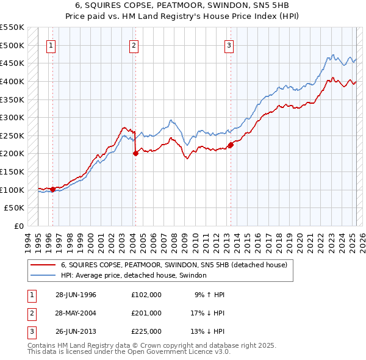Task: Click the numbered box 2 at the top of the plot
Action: point(134,45)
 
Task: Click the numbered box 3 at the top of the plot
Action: point(229,45)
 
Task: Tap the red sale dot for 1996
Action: point(53,189)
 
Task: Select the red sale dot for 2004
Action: point(135,154)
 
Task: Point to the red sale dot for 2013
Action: point(231,145)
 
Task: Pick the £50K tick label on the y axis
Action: point(15,208)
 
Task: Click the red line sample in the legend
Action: point(43,265)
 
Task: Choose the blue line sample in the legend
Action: point(43,275)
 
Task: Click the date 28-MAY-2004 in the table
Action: point(76,313)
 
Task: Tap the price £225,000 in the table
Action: point(146,331)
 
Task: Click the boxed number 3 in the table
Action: point(30,331)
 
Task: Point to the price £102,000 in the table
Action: point(146,295)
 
